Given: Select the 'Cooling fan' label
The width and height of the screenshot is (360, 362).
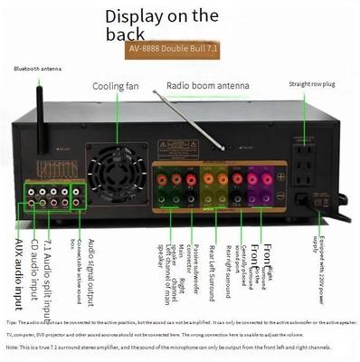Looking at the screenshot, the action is pos(116,86).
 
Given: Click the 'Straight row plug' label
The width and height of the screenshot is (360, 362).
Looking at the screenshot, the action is pos(313,83).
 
